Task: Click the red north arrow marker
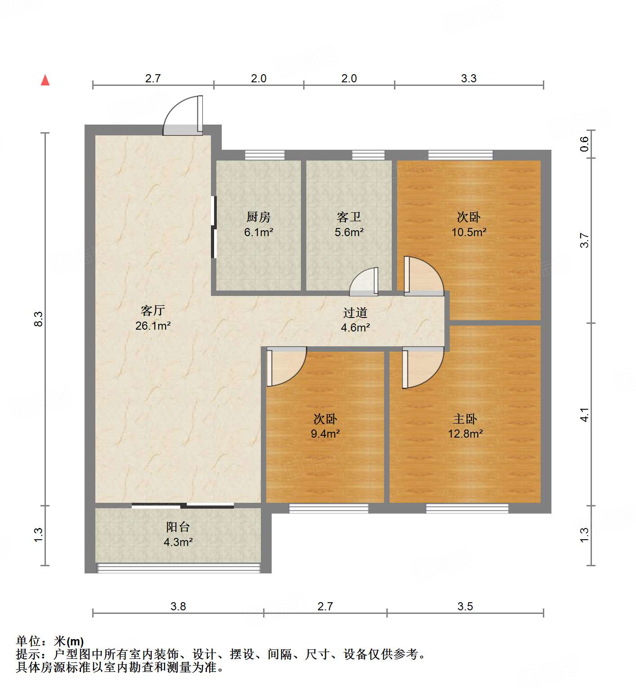(x=45, y=80)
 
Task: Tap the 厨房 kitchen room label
(x=259, y=217)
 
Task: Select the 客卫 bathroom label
(x=349, y=217)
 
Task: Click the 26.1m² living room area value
(x=153, y=326)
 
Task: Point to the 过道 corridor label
(x=355, y=313)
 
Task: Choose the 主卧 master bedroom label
(x=465, y=419)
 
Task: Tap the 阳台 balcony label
(x=178, y=527)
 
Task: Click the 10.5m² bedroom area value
(x=469, y=232)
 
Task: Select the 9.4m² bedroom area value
(x=325, y=434)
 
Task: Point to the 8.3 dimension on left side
(x=39, y=319)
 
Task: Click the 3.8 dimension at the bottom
(x=178, y=606)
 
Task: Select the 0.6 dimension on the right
(x=584, y=143)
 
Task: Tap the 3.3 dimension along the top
(x=469, y=78)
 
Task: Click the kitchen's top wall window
(x=265, y=155)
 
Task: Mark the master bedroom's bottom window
(x=467, y=508)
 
